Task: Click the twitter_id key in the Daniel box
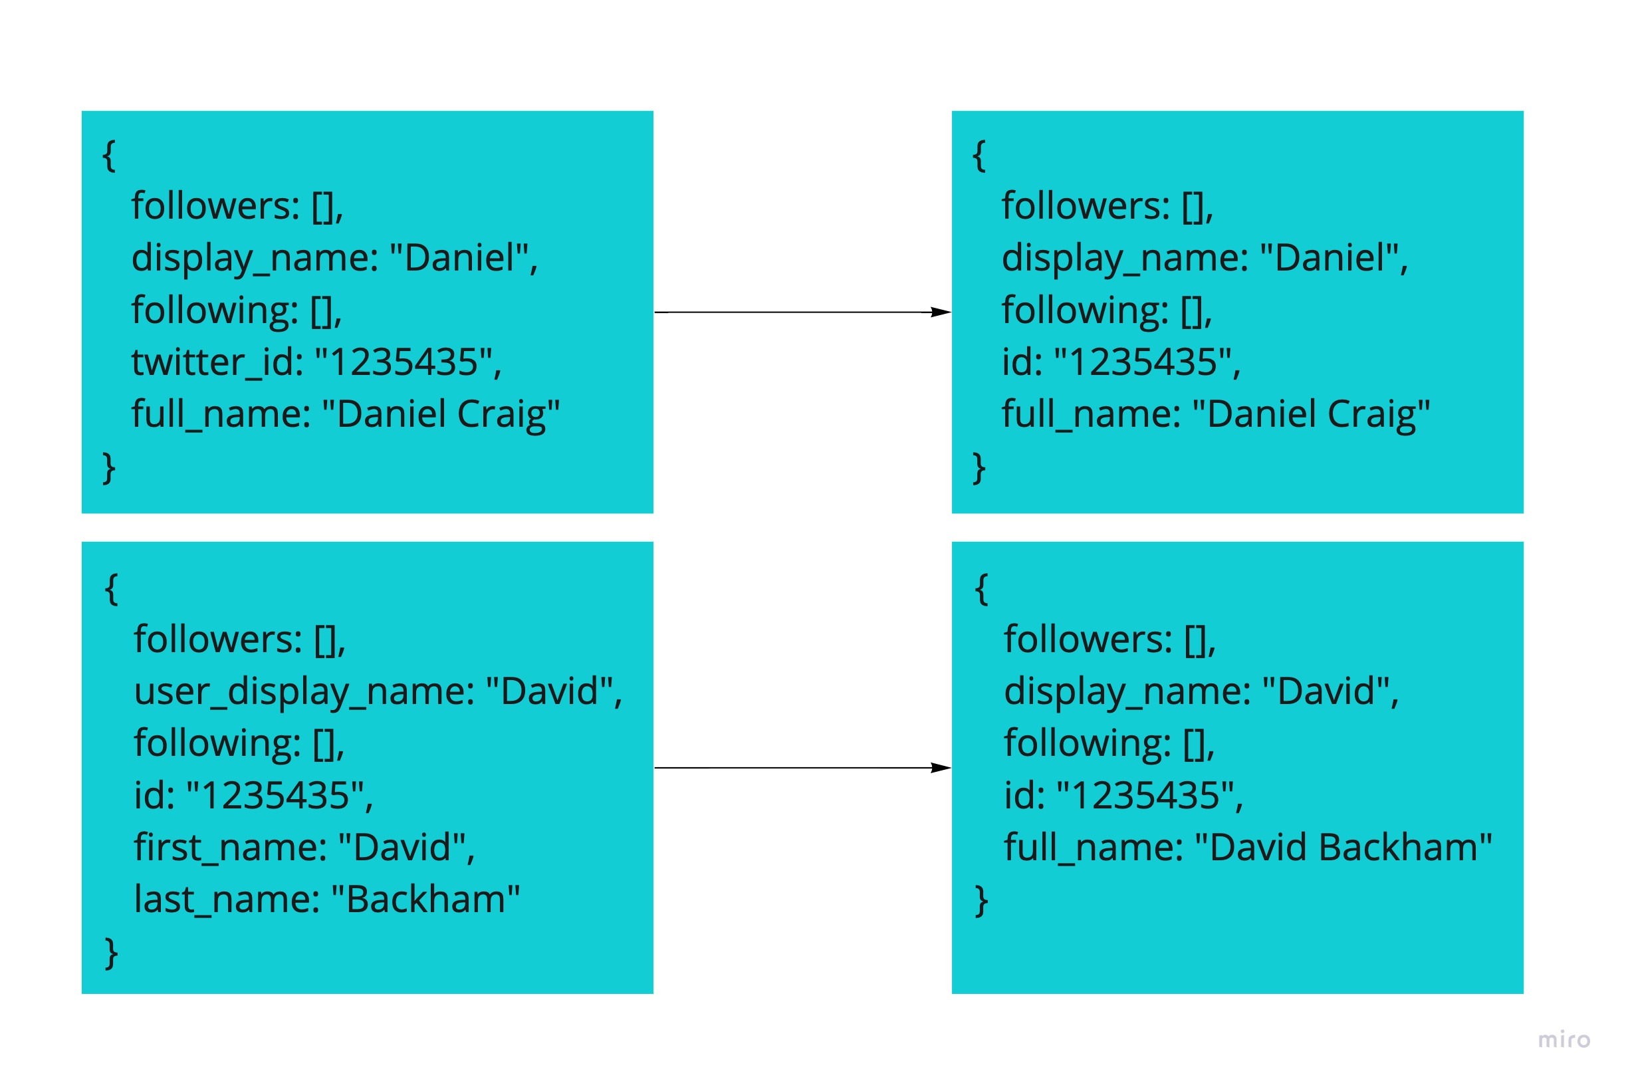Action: pos(216,362)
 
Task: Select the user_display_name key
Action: pos(303,691)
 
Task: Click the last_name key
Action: pos(225,900)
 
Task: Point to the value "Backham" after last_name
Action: pos(425,900)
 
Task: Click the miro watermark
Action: pos(1563,1040)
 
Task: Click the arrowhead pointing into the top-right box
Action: pos(940,312)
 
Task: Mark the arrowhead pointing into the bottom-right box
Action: pos(940,767)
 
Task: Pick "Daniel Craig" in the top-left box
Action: pos(441,414)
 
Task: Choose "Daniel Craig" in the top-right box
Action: pos(1311,414)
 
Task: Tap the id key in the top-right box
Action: pos(1020,362)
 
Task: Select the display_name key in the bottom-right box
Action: pos(1125,691)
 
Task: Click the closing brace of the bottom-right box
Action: pos(981,900)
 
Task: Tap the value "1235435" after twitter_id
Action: pos(404,362)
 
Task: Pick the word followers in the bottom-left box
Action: pos(217,639)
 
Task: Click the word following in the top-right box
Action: pos(1084,310)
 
